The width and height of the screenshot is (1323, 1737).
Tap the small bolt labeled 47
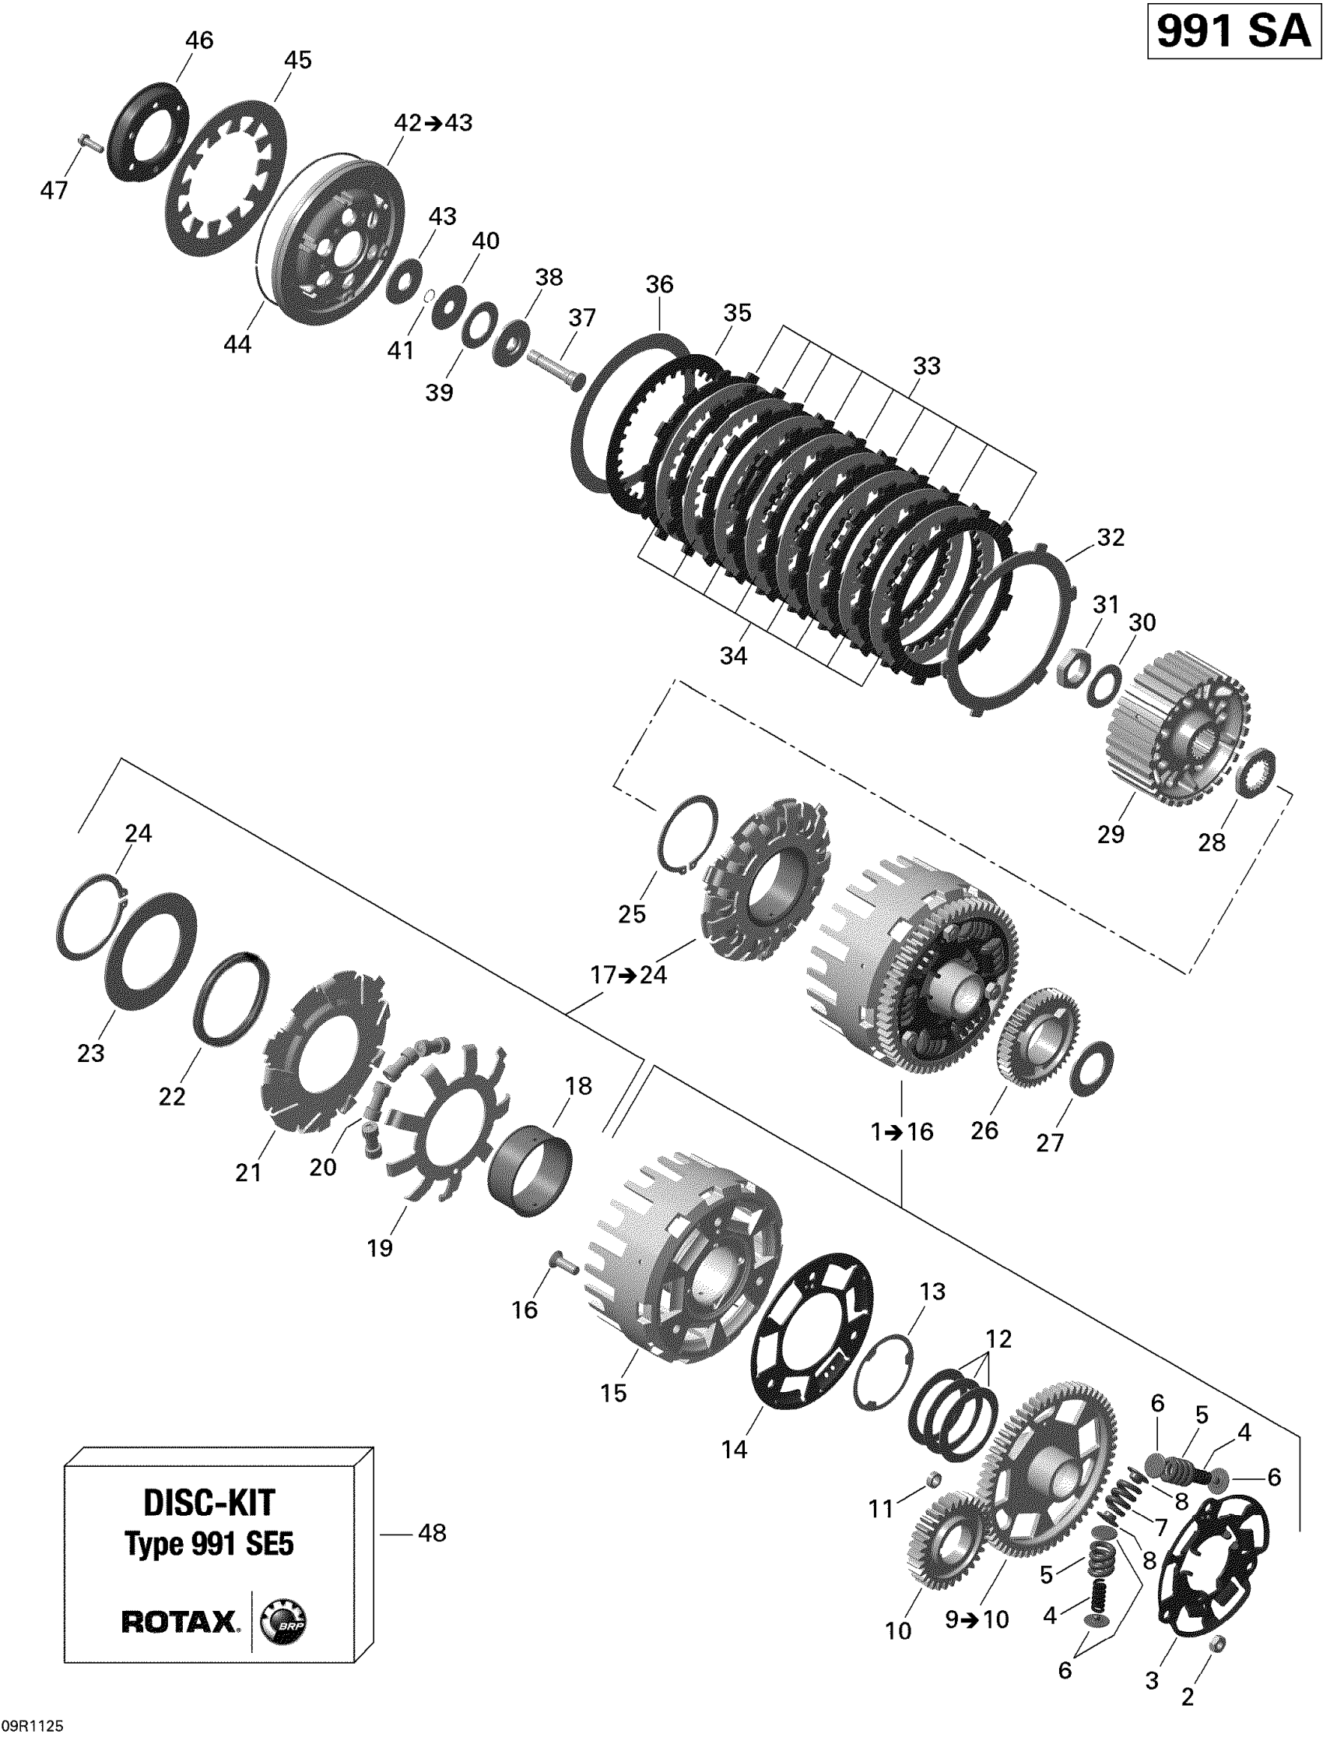point(91,144)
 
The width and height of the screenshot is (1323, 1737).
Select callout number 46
point(198,40)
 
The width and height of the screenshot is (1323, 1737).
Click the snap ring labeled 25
point(687,835)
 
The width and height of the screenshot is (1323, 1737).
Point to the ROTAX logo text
point(179,1622)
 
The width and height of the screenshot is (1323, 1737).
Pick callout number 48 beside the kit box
point(433,1533)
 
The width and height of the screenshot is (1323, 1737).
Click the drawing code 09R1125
point(32,1725)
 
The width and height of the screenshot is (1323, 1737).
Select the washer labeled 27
point(1091,1068)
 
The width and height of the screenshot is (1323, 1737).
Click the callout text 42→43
point(433,123)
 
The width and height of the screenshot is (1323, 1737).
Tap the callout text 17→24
point(629,976)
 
